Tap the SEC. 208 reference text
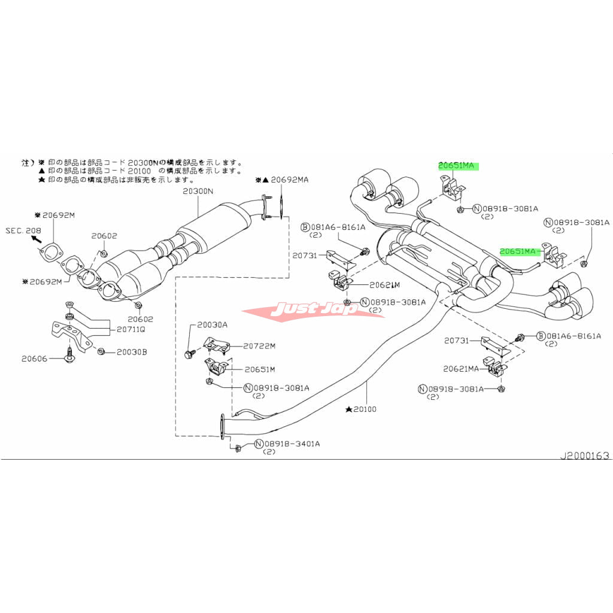[22, 230]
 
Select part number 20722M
[259, 346]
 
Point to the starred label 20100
[365, 410]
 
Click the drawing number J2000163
[584, 456]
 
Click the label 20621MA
[462, 369]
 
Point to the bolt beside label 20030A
[189, 354]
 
